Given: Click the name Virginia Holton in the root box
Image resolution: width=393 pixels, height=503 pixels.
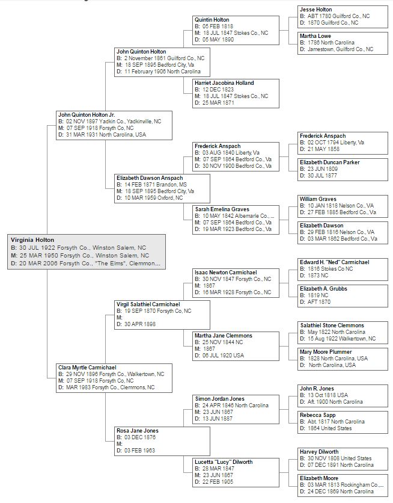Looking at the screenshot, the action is pos(32,240).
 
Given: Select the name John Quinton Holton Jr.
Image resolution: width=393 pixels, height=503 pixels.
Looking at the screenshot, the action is pos(87,115).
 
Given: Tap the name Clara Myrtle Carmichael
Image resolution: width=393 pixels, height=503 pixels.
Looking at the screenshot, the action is pos(87,368).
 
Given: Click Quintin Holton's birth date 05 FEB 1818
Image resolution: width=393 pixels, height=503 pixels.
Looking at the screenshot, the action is pos(218,26).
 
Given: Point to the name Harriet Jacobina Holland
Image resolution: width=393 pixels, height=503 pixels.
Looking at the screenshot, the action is pos(224,83).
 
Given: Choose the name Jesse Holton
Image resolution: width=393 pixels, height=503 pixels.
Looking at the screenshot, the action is pos(316,10).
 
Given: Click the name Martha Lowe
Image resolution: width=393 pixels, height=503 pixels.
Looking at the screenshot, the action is pos(315,36).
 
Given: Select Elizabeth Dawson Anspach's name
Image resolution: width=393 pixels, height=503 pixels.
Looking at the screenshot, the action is pos(150,178).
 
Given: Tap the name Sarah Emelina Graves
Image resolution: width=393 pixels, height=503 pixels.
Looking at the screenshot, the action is pos(222,209).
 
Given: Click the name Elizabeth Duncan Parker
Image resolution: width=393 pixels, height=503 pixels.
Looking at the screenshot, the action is pos(330,162).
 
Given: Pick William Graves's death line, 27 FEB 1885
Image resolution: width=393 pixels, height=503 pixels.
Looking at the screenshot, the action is pos(338,212).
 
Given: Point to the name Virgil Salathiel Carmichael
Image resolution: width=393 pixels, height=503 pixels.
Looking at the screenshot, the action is pos(148,304).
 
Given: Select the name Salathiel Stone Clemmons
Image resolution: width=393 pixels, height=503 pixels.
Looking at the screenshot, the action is pos(332,326).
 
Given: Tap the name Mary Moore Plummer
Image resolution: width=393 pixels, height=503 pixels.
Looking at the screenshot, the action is pos(326,352).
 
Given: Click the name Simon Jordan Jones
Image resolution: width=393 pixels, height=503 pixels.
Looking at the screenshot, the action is pos(220,399).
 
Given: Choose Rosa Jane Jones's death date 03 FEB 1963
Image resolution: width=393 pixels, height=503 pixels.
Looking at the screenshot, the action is pos(139,451).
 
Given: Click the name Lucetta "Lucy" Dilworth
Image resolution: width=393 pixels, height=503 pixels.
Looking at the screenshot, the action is pos(224,462).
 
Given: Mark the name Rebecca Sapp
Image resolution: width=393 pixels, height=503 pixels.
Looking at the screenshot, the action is pos(318,415).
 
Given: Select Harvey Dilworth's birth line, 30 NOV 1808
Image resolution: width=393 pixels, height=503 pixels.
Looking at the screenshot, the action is pos(336,458).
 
